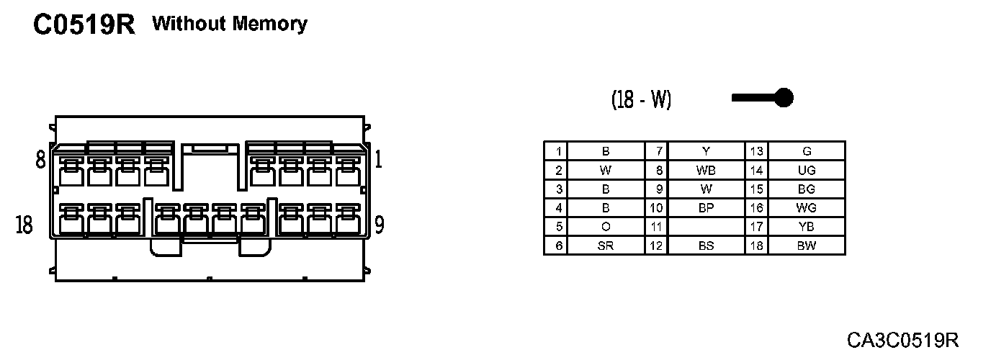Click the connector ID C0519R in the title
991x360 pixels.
(84, 26)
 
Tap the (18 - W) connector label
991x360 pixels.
(641, 99)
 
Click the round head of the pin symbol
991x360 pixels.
(784, 97)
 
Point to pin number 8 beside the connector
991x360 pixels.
(41, 159)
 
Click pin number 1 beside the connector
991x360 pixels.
(379, 159)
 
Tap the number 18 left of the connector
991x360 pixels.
(24, 225)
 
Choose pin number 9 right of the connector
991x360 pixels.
(379, 225)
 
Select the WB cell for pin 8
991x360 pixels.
(706, 171)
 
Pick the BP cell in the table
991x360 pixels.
(706, 208)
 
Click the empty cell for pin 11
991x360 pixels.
(706, 227)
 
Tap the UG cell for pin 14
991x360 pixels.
(807, 171)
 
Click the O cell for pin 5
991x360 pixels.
(605, 227)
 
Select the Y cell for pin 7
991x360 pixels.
(706, 151)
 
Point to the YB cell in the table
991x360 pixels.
(807, 227)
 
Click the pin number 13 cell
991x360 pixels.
(756, 151)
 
